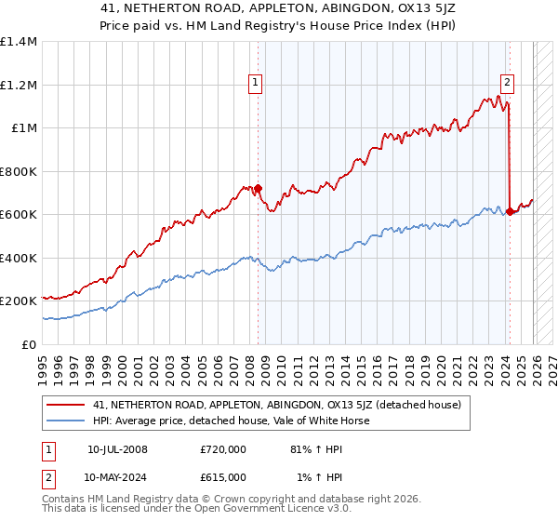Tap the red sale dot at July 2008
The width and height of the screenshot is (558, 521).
(x=259, y=189)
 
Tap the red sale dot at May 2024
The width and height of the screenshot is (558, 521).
(x=511, y=212)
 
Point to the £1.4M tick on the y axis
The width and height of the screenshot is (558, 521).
(x=19, y=42)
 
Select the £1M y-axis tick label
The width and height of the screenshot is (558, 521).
(x=24, y=127)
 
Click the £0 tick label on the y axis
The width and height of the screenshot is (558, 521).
(x=29, y=344)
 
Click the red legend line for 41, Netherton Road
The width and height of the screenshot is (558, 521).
(x=67, y=405)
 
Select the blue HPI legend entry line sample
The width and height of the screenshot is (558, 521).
(x=67, y=421)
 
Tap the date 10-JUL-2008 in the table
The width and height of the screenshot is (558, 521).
(x=116, y=448)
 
